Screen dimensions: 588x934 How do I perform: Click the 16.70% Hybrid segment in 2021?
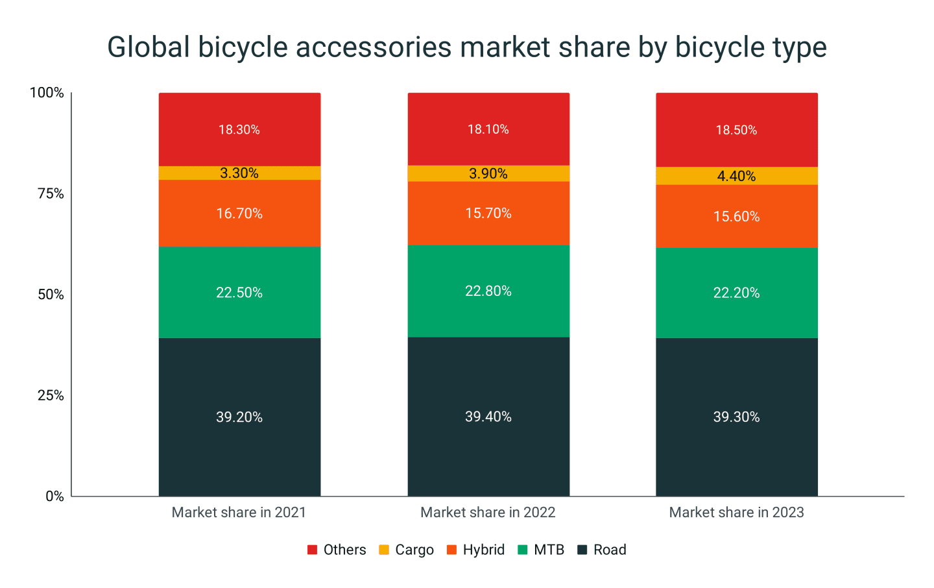click(239, 214)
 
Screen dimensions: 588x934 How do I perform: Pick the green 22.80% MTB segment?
click(488, 291)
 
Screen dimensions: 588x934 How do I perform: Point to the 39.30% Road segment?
click(736, 417)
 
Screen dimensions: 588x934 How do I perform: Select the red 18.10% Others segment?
click(488, 129)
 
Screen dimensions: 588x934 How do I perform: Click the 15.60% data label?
click(736, 217)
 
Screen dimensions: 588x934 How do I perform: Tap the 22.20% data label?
click(736, 293)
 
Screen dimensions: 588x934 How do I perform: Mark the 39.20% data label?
click(239, 417)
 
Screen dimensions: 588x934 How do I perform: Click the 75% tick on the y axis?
click(51, 193)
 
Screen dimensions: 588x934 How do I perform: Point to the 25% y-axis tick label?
click(51, 395)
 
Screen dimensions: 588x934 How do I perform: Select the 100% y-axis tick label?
click(47, 93)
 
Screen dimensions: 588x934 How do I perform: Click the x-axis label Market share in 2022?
click(488, 512)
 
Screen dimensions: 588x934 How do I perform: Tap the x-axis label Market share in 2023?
click(736, 512)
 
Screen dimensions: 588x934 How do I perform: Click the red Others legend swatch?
click(312, 550)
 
